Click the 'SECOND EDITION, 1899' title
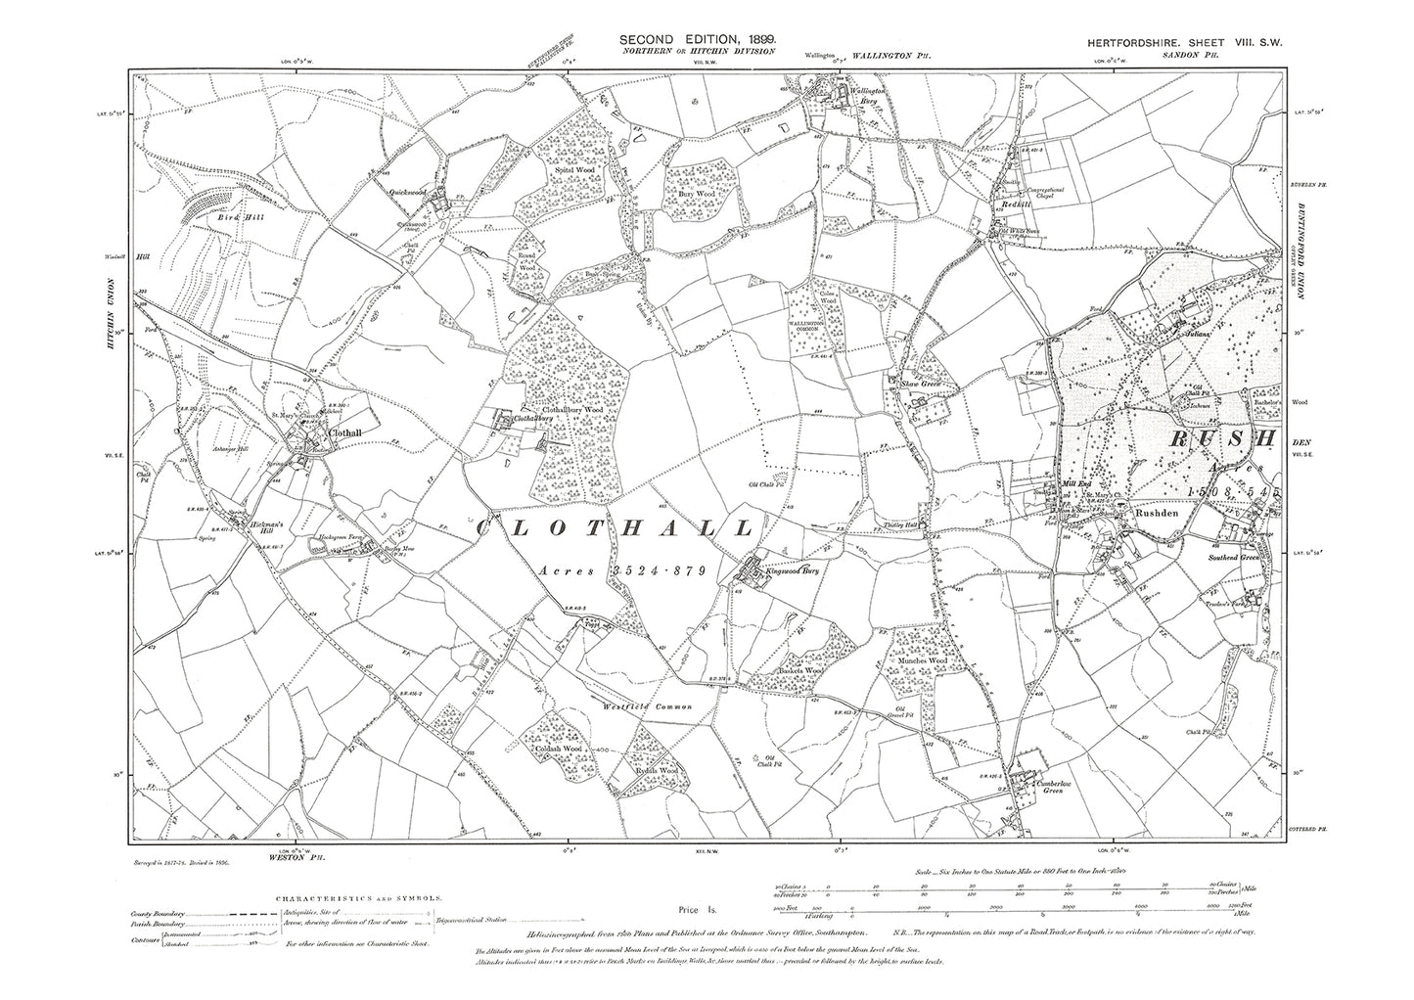pyautogui.click(x=699, y=38)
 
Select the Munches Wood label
pyautogui.click(x=921, y=662)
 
